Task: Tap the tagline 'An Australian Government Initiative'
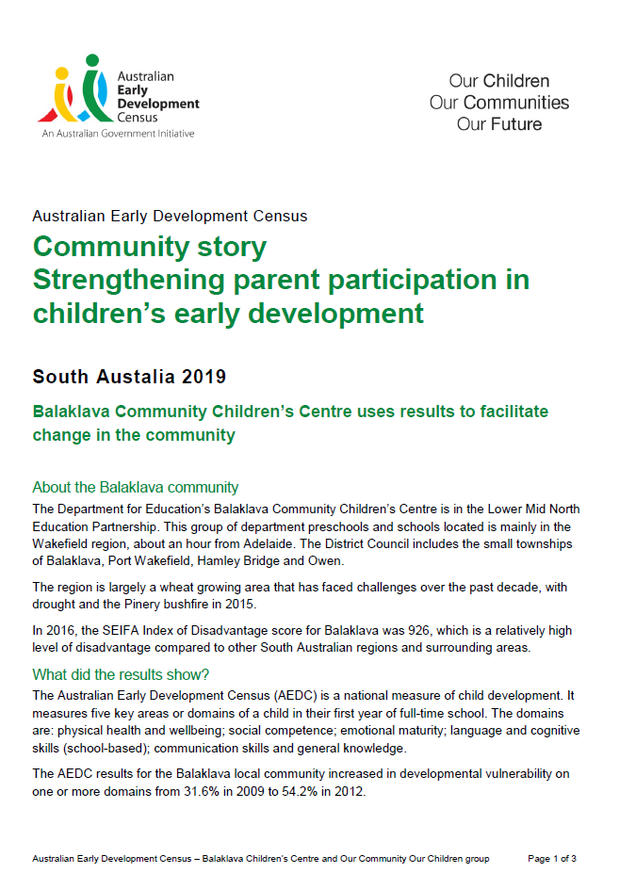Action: [118, 134]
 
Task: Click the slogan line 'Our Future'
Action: [499, 123]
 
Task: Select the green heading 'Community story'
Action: [150, 247]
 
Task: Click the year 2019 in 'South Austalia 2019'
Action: [205, 377]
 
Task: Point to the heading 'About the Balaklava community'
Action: [135, 487]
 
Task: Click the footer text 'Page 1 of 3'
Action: [552, 859]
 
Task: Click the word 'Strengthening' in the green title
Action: [128, 280]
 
